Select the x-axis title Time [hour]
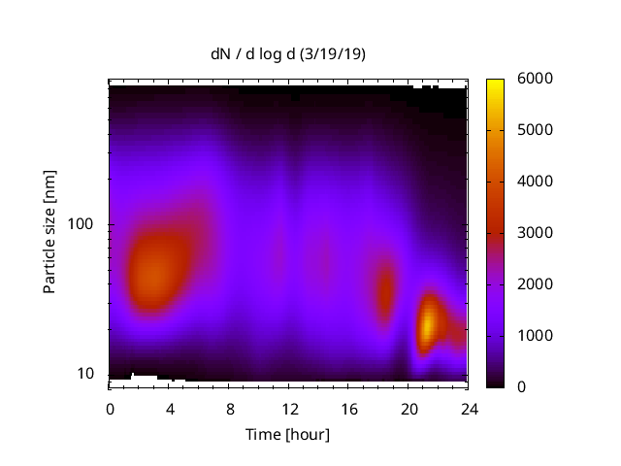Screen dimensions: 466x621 pyautogui.click(x=287, y=434)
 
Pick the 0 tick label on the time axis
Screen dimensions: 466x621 pyautogui.click(x=110, y=408)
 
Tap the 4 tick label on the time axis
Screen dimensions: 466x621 pyautogui.click(x=170, y=408)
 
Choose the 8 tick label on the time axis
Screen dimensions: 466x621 pyautogui.click(x=229, y=408)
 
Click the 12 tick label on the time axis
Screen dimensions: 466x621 pyautogui.click(x=289, y=408)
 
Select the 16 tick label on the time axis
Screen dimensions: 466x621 pyautogui.click(x=348, y=408)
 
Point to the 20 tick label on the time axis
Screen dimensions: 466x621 pyautogui.click(x=409, y=408)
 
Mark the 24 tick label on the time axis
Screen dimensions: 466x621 pyautogui.click(x=468, y=408)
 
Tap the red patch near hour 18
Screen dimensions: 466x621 pyautogui.click(x=385, y=289)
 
